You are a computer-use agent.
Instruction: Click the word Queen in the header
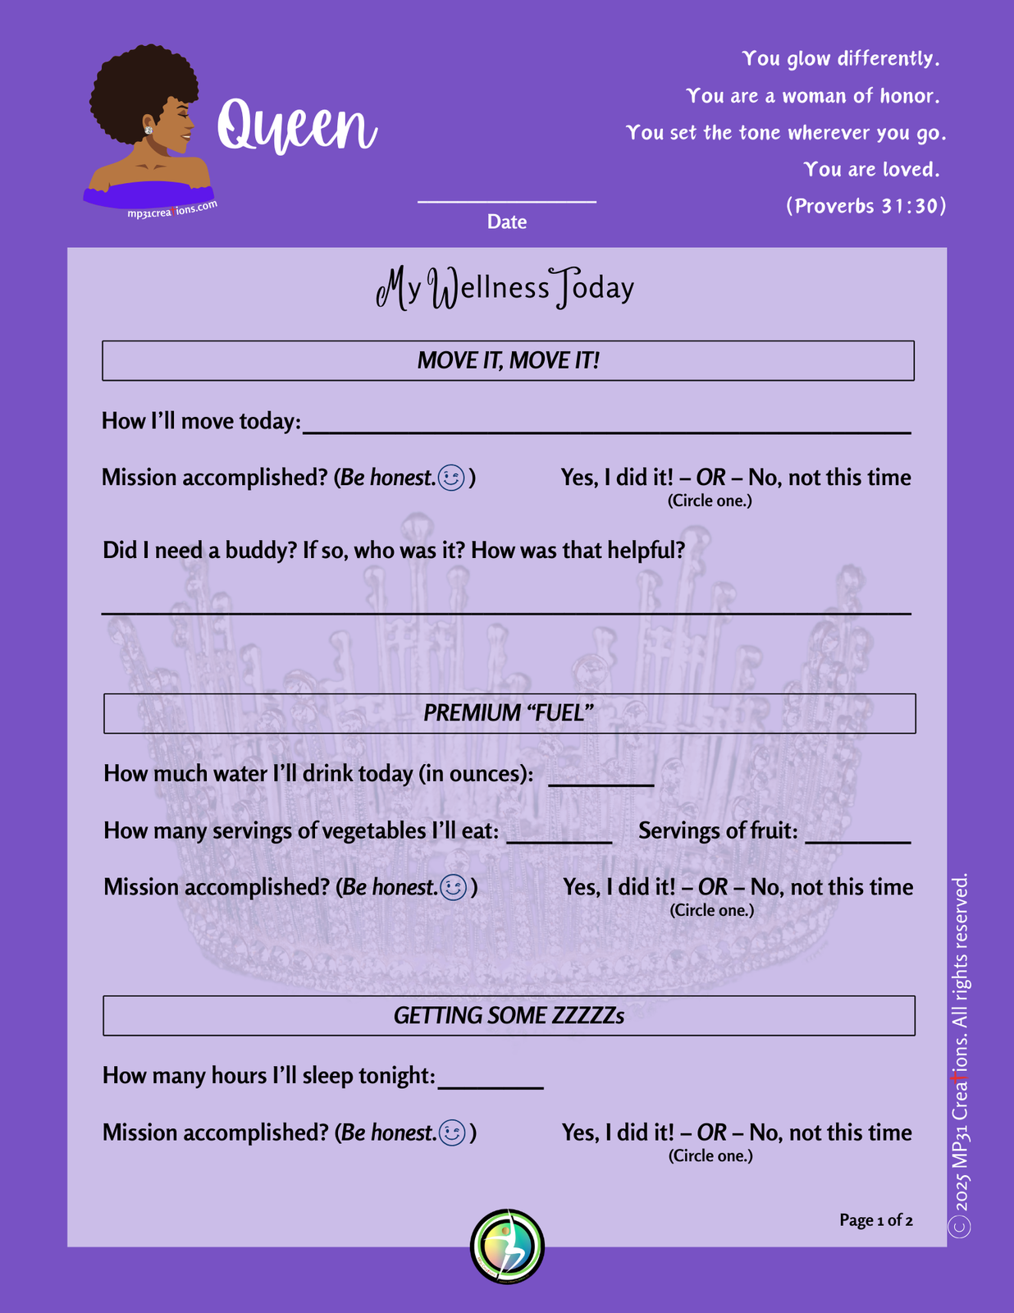tap(296, 126)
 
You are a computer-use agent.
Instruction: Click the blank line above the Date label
tap(506, 199)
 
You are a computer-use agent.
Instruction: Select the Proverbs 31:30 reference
tap(866, 206)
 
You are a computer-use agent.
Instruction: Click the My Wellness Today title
tap(505, 288)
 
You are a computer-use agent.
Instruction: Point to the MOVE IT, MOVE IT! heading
tap(508, 361)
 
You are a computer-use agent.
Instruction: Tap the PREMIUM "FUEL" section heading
tap(509, 713)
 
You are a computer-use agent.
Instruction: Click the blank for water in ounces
tap(601, 781)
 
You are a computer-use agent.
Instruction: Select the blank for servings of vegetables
tap(559, 839)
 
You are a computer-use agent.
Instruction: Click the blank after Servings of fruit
tap(857, 839)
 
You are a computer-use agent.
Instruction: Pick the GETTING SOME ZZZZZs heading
tap(509, 1016)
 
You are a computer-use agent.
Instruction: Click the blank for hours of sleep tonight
tap(491, 1083)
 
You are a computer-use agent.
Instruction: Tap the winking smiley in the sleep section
tap(453, 1132)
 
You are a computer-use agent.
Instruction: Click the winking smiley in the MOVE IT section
tap(452, 478)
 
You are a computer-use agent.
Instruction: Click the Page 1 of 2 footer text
tap(875, 1220)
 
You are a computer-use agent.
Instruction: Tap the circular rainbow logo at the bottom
tap(507, 1246)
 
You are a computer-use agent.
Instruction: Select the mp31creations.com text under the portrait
tap(172, 209)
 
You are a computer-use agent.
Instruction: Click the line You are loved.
tap(870, 170)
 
